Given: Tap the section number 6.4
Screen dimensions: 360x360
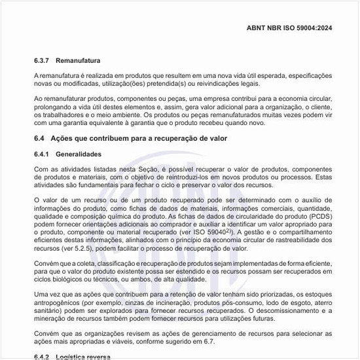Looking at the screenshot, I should tap(39, 139).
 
